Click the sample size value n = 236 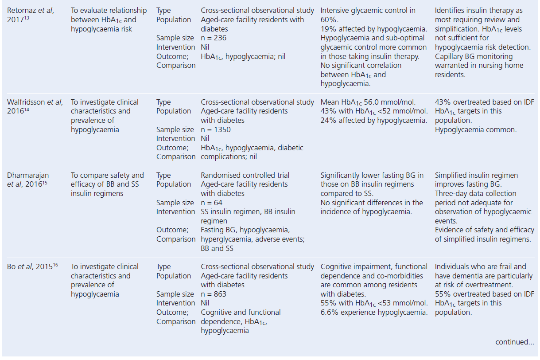coord(214,38)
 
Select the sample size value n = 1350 coord(216,129)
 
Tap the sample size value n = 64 coord(211,203)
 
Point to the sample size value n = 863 coord(214,294)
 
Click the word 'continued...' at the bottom coord(515,342)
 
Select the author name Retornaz coord(22,11)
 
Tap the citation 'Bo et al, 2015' coord(29,266)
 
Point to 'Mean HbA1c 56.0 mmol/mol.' coord(374,102)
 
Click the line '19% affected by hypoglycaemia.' coord(373,29)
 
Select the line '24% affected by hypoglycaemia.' coord(373,120)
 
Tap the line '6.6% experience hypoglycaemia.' coord(374,312)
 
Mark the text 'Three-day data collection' coord(475,193)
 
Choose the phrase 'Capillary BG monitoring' coord(474,56)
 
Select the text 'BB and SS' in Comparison coord(217,248)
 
